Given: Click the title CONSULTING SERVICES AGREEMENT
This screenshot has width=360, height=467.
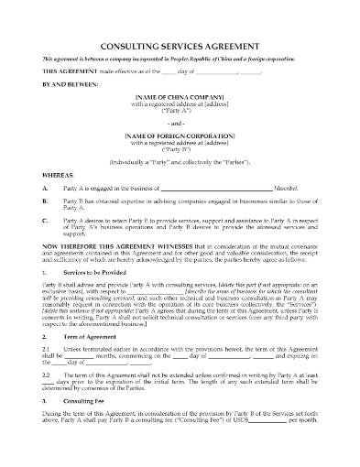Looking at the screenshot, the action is pyautogui.click(x=180, y=44).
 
